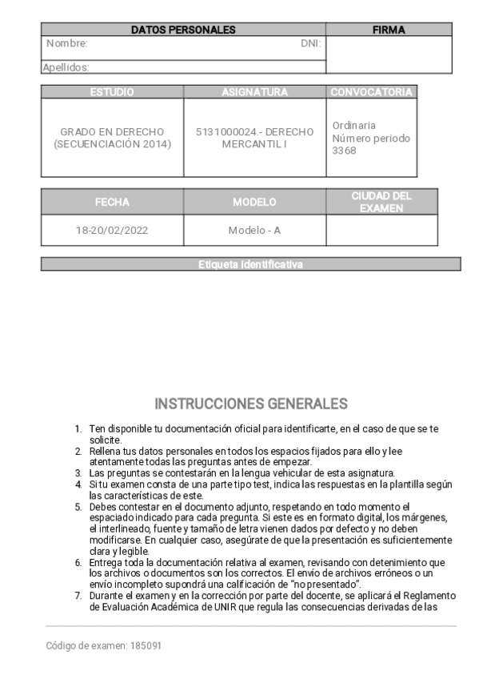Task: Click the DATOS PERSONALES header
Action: point(183,30)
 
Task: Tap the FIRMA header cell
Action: point(389,30)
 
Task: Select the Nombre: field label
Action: point(66,43)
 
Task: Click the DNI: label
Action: point(310,43)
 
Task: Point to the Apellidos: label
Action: point(66,68)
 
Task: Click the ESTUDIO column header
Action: point(112,92)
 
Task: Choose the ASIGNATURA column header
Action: point(254,92)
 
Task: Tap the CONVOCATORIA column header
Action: point(371,92)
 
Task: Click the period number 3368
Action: point(344,151)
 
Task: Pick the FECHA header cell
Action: point(112,202)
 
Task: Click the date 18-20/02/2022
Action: point(112,231)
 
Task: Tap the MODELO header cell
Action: point(254,202)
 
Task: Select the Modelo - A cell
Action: point(254,231)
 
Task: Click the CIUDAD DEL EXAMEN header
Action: point(381,202)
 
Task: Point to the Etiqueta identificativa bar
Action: point(250,264)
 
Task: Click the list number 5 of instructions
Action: point(78,507)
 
